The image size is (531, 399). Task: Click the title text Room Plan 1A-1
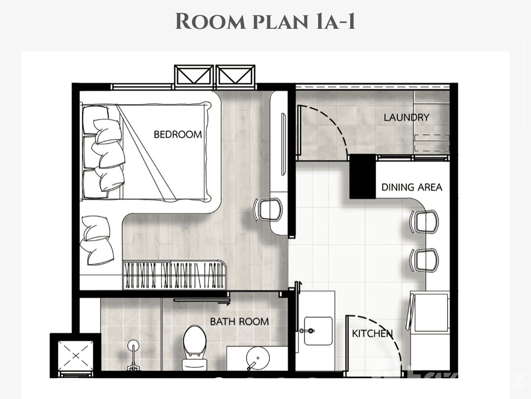[265, 22]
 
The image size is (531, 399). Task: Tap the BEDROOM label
[177, 135]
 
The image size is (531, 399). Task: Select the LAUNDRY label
[406, 118]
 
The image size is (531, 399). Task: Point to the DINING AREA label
[412, 187]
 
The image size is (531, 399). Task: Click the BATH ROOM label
[239, 322]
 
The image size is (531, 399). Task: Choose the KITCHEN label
[372, 334]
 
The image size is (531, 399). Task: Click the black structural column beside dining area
[362, 177]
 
